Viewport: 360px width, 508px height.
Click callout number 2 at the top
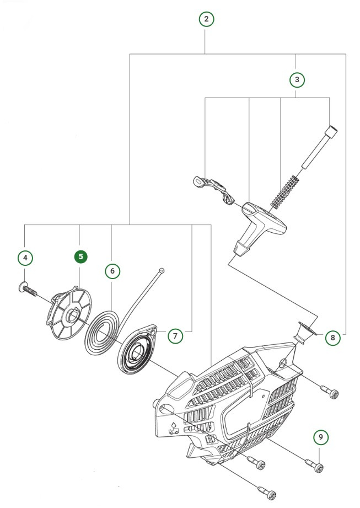pos(206,19)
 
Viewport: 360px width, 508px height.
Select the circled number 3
pos(297,79)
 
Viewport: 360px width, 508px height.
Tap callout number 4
pos(25,257)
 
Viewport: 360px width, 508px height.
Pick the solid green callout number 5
pos(81,256)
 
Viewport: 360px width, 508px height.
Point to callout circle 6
pos(112,271)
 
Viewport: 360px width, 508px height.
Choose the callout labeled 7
pos(174,335)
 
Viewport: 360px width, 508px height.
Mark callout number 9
pos(321,437)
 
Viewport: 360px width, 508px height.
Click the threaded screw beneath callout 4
pos(28,289)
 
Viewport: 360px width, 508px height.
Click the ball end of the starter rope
pos(160,270)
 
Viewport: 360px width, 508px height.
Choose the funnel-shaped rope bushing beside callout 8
pos(304,333)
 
